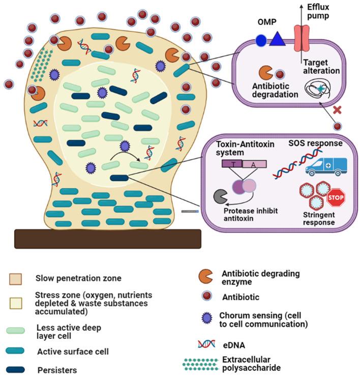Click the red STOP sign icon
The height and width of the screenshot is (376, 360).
click(x=336, y=198)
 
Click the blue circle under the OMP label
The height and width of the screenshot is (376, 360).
click(x=260, y=40)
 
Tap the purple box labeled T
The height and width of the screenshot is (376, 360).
click(x=232, y=163)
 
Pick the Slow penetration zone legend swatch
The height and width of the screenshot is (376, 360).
click(x=15, y=279)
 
